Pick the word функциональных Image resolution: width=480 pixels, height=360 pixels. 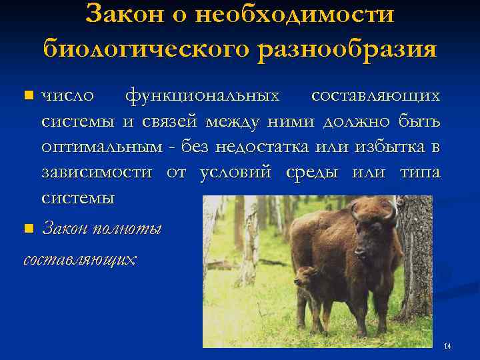(x=203, y=96)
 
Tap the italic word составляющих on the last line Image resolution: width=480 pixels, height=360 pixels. (x=79, y=259)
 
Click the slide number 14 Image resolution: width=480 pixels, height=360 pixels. (x=447, y=346)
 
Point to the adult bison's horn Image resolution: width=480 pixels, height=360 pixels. (x=392, y=211)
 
